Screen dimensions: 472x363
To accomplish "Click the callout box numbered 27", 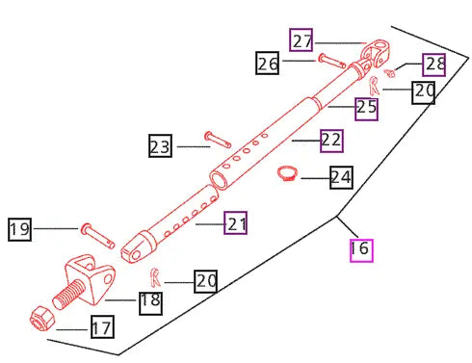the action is click(x=301, y=39).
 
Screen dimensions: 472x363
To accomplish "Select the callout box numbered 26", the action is click(x=267, y=63).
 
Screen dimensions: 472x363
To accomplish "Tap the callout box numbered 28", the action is click(x=433, y=65).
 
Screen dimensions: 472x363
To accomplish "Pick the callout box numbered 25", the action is click(x=366, y=109).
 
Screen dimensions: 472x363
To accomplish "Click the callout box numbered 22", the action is click(x=331, y=141).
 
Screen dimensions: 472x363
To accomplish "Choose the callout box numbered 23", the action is click(x=160, y=145).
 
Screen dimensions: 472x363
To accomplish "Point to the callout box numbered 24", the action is click(x=341, y=177).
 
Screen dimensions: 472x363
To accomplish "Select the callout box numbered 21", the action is click(x=235, y=222).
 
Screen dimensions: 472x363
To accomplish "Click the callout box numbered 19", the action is click(x=19, y=229).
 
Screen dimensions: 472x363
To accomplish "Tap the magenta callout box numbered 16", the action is click(x=361, y=250).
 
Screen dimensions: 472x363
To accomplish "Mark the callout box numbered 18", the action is click(x=150, y=303).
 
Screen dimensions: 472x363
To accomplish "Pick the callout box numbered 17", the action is click(x=102, y=326).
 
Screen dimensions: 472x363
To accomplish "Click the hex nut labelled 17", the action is click(x=41, y=319).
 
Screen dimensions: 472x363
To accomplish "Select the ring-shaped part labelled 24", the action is click(x=287, y=173).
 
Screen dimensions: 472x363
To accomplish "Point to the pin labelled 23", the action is click(x=218, y=140).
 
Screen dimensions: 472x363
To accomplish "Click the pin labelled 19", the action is click(x=97, y=236).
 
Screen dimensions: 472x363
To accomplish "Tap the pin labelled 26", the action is click(x=332, y=62).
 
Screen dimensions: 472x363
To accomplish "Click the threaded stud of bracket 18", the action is click(x=68, y=295).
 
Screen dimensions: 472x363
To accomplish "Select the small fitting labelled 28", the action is click(x=390, y=73).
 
